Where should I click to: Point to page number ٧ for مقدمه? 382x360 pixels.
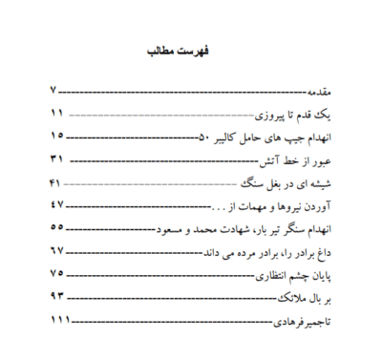point(55,92)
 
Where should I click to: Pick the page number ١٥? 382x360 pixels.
point(57,136)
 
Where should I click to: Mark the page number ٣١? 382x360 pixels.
point(57,159)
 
